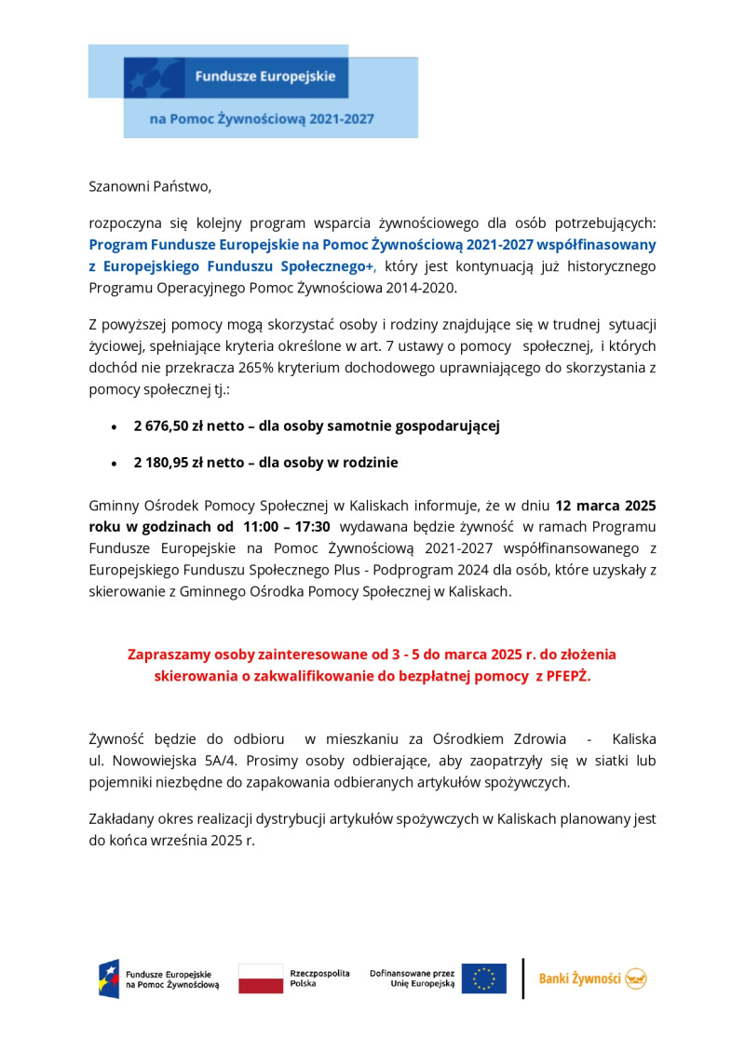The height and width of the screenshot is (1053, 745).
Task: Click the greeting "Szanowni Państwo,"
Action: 150,186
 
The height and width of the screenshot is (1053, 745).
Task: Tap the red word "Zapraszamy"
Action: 171,655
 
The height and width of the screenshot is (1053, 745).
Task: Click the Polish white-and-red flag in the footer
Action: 261,979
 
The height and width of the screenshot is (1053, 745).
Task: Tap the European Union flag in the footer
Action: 484,979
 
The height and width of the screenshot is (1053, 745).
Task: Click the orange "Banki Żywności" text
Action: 580,979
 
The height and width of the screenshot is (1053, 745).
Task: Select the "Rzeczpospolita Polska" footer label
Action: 319,979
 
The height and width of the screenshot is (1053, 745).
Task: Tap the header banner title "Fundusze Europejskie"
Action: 264,76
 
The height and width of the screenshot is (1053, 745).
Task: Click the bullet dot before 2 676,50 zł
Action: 114,427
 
